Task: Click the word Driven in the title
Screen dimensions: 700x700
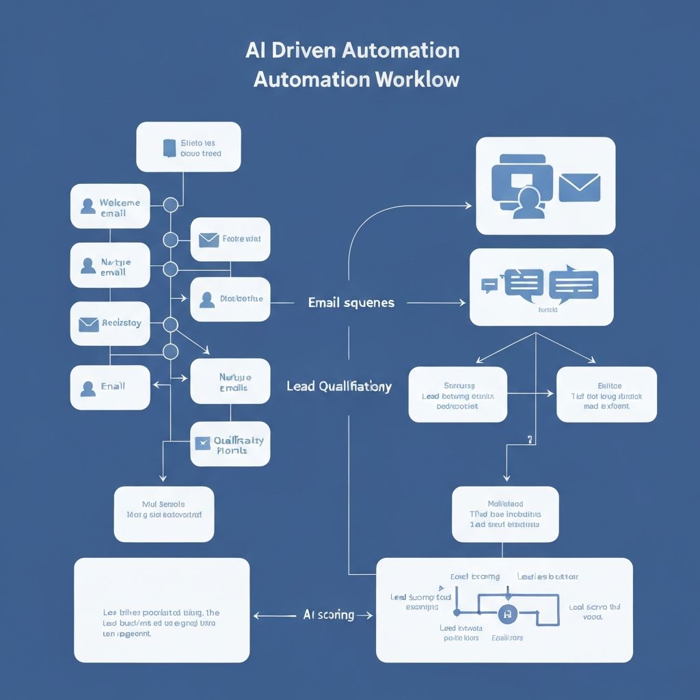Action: click(301, 51)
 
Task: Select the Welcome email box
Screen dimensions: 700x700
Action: click(110, 206)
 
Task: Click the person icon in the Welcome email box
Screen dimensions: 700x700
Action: click(87, 206)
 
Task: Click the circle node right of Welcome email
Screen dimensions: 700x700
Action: click(170, 204)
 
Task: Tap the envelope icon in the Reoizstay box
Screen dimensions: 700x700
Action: click(89, 324)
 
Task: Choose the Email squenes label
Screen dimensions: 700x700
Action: click(351, 302)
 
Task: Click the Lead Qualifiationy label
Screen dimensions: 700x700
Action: click(339, 386)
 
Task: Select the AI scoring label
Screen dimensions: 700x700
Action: click(328, 615)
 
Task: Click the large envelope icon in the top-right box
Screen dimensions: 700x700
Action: click(579, 187)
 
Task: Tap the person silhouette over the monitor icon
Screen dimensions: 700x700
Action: click(528, 204)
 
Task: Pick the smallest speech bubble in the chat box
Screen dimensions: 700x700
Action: click(489, 285)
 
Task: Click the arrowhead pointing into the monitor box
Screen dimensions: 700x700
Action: click(468, 206)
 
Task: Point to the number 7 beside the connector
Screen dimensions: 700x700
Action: click(529, 440)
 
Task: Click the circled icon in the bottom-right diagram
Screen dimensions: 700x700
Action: click(507, 614)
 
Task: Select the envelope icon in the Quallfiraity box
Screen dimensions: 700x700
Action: click(202, 444)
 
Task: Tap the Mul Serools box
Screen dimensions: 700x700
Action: click(163, 514)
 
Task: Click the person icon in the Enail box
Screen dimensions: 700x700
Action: click(87, 388)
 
